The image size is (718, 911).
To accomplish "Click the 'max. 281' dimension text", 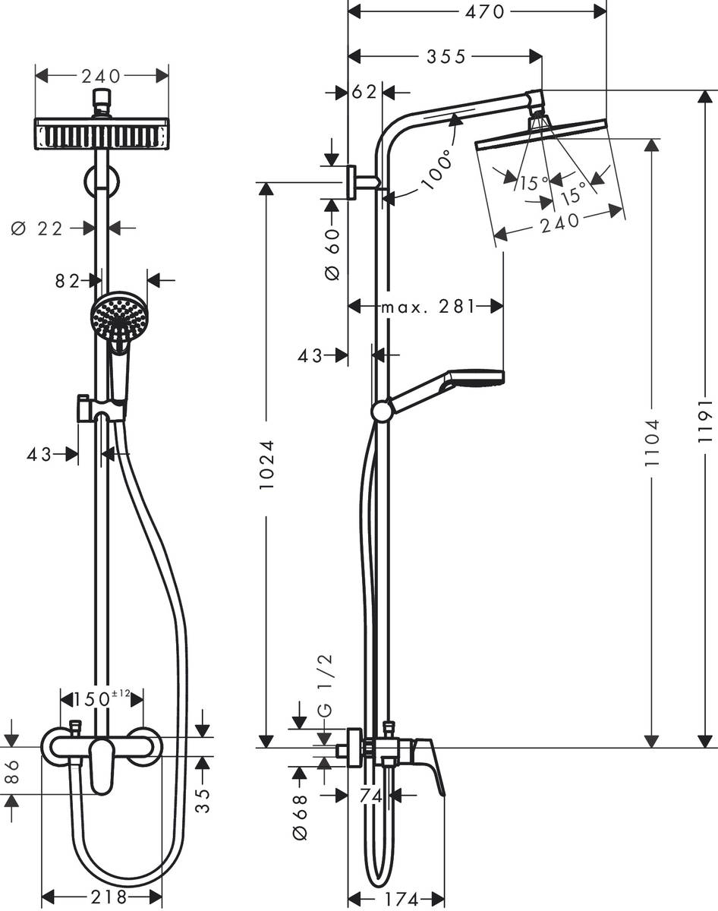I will tap(427, 307).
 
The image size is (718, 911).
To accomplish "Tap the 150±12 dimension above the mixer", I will tap(102, 698).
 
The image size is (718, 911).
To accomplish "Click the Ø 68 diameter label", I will tap(300, 816).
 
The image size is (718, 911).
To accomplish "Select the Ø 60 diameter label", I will tap(332, 254).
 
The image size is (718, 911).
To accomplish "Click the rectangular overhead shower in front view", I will tap(101, 134).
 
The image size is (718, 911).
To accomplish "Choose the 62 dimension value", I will tap(364, 92).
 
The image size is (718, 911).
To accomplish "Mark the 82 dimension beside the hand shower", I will tap(68, 280).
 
